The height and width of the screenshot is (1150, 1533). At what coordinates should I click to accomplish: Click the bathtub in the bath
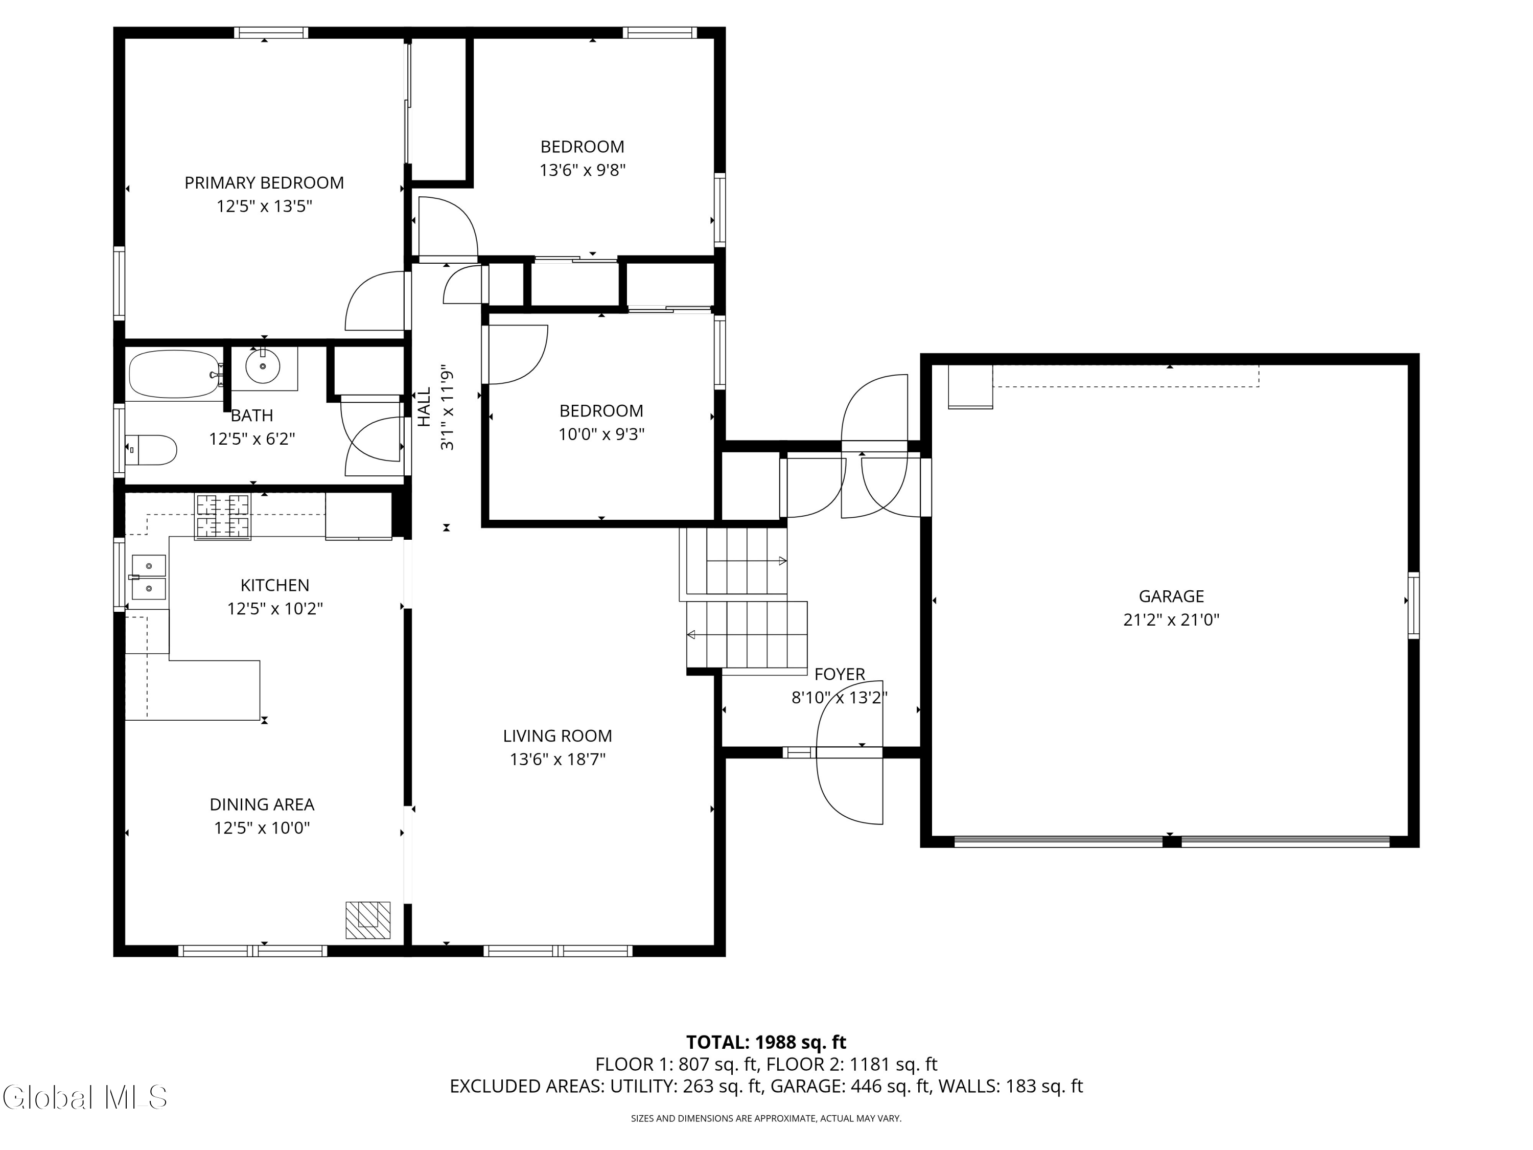point(175,374)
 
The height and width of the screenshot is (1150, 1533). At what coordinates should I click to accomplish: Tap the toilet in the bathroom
point(152,450)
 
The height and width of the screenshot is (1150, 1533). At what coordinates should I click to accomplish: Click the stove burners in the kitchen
point(222,516)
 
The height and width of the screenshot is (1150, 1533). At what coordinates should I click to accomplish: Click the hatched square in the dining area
point(368,920)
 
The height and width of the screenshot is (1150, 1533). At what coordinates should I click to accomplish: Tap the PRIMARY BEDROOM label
point(264,183)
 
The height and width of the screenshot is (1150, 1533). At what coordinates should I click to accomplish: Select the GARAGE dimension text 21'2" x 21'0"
point(1171,619)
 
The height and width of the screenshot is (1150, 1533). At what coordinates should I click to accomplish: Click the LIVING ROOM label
point(557,735)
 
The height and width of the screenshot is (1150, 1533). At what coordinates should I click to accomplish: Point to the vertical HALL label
point(424,407)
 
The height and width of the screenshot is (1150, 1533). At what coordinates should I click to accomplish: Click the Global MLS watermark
point(84,1097)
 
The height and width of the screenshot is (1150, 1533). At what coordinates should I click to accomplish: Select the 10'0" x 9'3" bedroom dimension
point(601,434)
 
